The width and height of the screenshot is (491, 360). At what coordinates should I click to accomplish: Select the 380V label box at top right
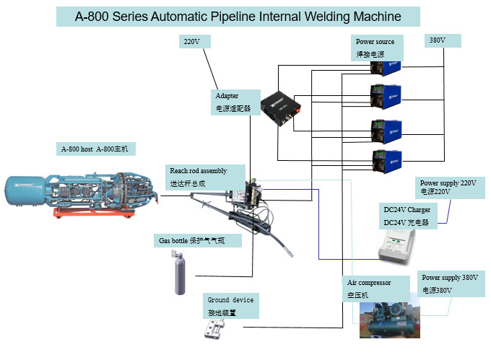(442, 41)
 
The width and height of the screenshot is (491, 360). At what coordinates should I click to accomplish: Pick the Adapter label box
(236, 102)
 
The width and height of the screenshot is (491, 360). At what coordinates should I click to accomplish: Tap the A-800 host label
(96, 149)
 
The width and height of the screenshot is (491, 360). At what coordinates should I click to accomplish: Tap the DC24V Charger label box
(407, 216)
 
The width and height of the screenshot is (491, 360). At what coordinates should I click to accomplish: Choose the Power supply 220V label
(448, 188)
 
